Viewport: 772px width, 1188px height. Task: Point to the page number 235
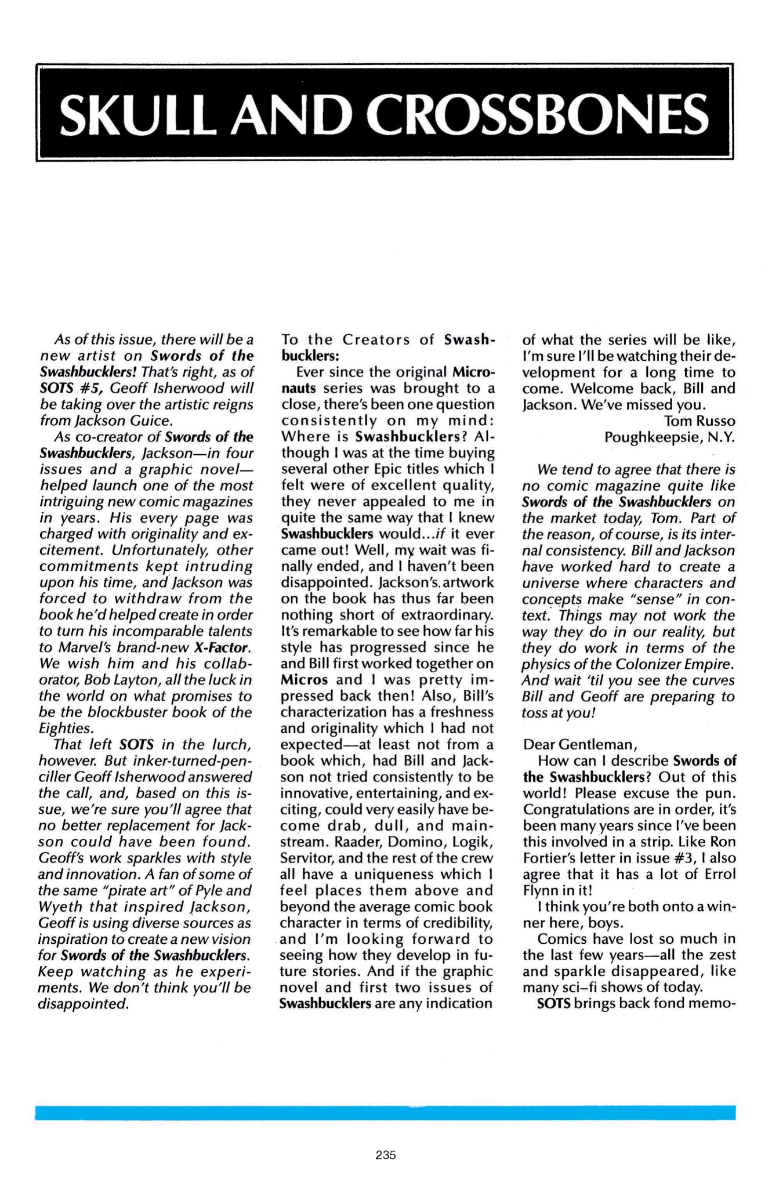[x=386, y=1155]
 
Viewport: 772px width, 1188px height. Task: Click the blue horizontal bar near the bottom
[x=385, y=1113]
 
